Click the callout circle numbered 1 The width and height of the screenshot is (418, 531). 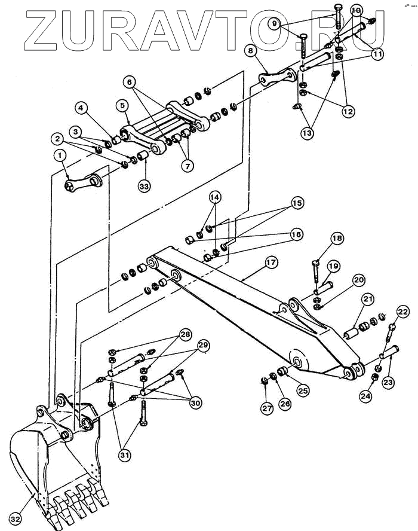[x=60, y=155]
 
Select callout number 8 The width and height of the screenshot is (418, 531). [x=251, y=52]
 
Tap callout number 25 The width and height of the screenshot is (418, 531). [x=303, y=390]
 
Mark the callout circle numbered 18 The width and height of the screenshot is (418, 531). [x=337, y=239]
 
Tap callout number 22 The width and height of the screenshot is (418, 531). [x=403, y=312]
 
